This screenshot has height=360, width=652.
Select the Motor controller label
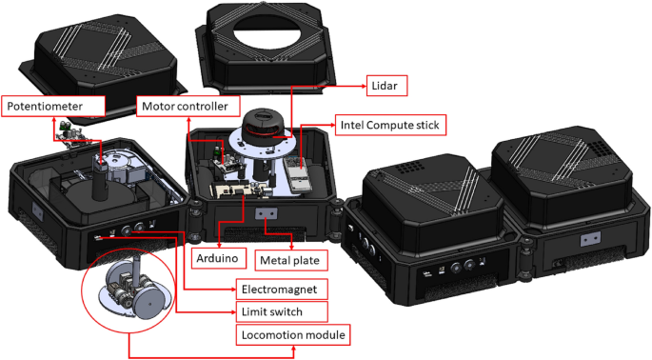188,107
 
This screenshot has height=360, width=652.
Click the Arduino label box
219,258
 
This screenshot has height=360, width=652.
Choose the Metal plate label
292,258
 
